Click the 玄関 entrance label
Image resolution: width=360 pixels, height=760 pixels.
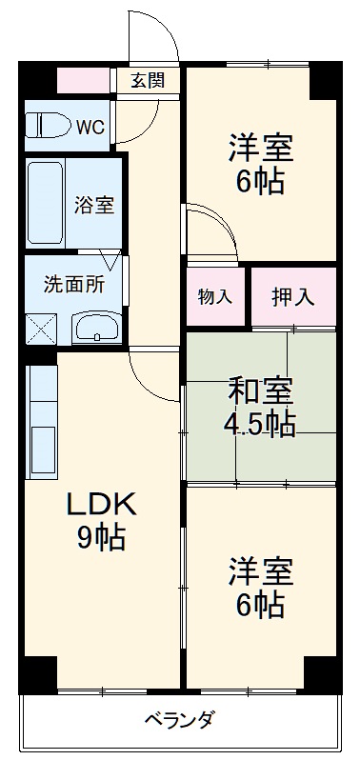tap(148, 80)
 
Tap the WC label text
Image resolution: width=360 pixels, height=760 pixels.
tap(90, 126)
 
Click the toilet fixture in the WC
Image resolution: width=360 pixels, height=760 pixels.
tap(47, 125)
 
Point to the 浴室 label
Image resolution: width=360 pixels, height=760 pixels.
tap(94, 203)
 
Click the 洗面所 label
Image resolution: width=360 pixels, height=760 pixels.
tap(71, 284)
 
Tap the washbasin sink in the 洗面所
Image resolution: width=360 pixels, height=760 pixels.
tap(95, 329)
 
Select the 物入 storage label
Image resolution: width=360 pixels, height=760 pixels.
tap(215, 295)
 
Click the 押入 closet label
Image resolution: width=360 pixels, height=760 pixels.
tap(293, 295)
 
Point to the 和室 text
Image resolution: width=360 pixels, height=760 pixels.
tap(260, 390)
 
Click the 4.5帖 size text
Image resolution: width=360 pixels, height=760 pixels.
tap(260, 424)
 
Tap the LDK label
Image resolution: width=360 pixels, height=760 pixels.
tap(100, 505)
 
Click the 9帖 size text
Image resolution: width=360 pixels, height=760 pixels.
tap(100, 538)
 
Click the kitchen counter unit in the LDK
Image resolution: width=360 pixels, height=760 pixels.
tap(43, 419)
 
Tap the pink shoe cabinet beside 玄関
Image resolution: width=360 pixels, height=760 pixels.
tap(84, 80)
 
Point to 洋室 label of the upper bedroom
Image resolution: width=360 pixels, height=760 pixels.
tap(260, 148)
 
